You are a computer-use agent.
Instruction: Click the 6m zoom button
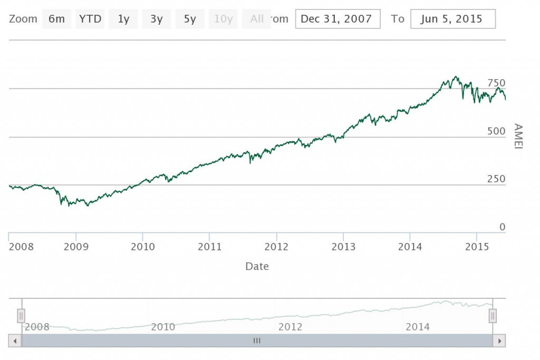(x=56, y=20)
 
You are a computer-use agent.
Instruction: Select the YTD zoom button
(x=90, y=20)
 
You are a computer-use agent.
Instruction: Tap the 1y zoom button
(x=123, y=20)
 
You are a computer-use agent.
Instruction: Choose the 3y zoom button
(x=157, y=20)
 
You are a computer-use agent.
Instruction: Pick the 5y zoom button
(x=190, y=20)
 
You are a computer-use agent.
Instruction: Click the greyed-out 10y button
(x=223, y=20)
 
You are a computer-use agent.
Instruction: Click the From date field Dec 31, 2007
(x=337, y=20)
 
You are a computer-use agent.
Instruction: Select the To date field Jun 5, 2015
(x=452, y=20)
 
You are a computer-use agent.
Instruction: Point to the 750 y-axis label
(x=496, y=83)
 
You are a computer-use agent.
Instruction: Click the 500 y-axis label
(x=496, y=131)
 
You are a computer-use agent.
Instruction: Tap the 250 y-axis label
(x=496, y=179)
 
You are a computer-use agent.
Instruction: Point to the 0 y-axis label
(x=502, y=227)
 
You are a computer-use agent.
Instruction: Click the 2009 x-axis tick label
(x=76, y=247)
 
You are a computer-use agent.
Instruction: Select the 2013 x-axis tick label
(x=343, y=247)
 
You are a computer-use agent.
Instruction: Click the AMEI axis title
(x=518, y=137)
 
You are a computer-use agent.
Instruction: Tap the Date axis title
(x=257, y=267)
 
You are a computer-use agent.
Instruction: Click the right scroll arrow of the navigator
(x=499, y=340)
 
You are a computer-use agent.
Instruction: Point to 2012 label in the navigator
(x=290, y=327)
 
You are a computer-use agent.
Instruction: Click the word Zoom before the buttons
(x=23, y=20)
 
